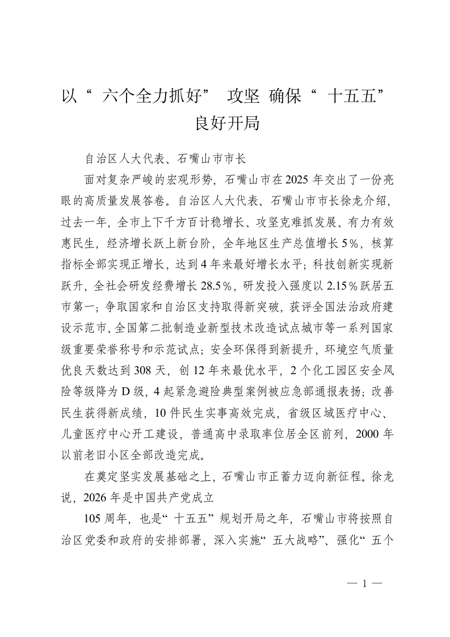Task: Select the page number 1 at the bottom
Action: pos(365,582)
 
